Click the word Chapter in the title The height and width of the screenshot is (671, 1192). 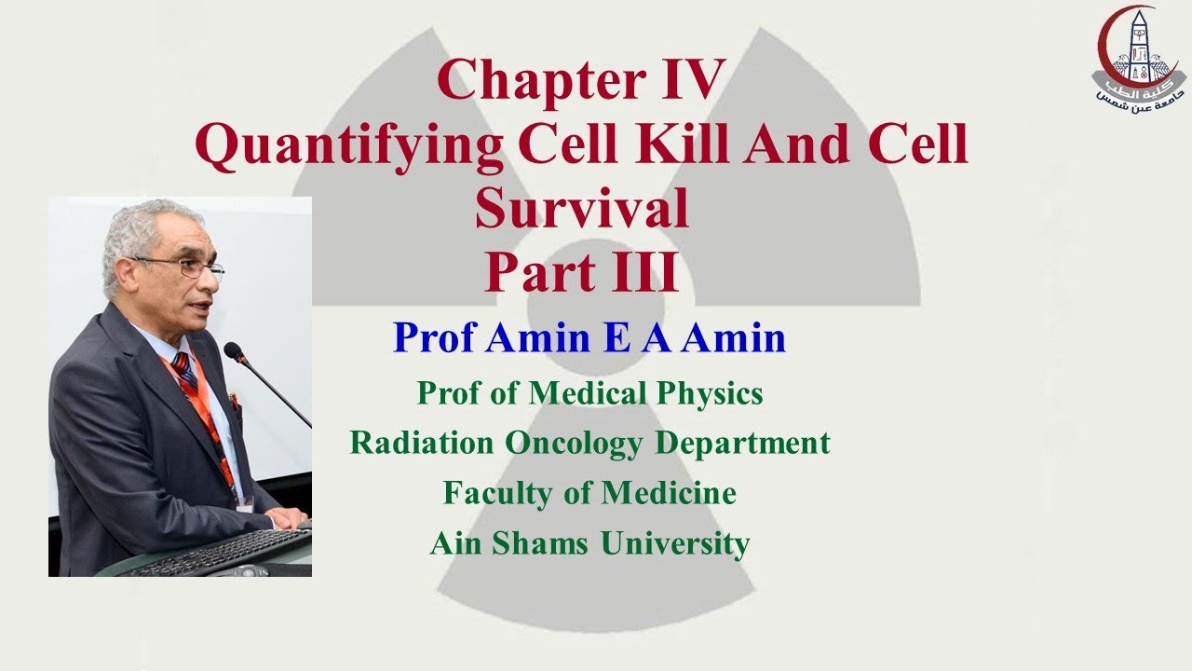[526, 79]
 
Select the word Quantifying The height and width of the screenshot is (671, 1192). [349, 147]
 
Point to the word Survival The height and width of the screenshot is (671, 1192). [582, 209]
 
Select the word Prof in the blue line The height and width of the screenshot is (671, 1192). [434, 337]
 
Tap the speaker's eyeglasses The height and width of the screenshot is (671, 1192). [191, 267]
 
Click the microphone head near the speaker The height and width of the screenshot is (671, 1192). [234, 352]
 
